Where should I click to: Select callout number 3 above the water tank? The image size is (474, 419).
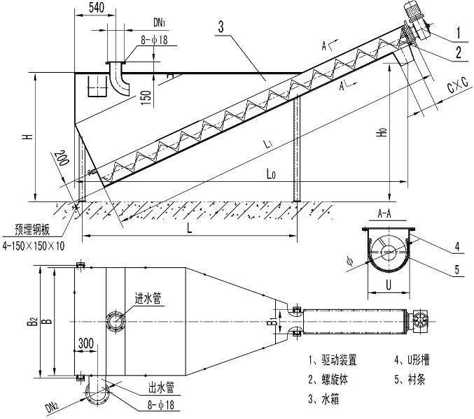(221, 27)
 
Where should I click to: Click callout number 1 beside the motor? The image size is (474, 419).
(456, 32)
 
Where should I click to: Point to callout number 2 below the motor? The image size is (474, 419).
(456, 51)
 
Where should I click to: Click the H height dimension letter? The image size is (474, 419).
(25, 137)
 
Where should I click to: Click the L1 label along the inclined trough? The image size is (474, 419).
(268, 143)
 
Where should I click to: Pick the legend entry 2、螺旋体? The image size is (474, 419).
(332, 380)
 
